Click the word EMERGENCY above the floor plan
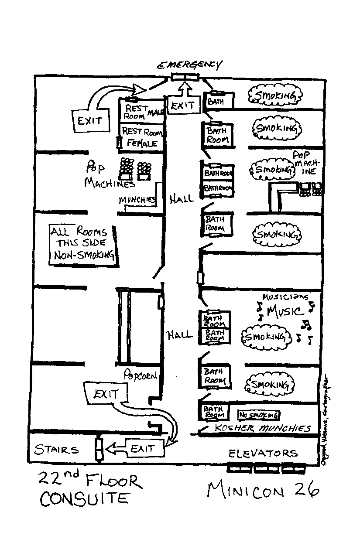pos(189,65)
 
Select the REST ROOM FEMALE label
pos(142,137)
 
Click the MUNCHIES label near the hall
pos(137,200)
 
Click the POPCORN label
pos(140,374)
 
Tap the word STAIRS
pos(57,450)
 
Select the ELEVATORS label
pos(263,454)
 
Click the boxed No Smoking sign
pos(258,415)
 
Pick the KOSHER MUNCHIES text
pos(263,428)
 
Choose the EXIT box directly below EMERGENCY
pos(184,105)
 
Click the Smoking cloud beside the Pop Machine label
pos(272,169)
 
